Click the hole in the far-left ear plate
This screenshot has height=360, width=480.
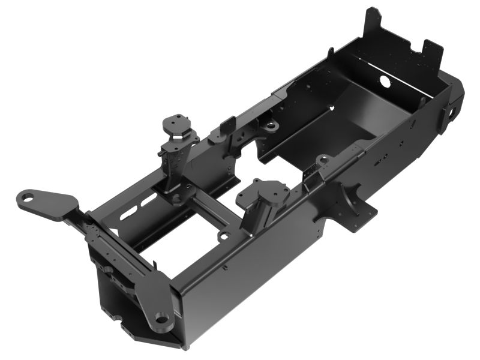[26, 196]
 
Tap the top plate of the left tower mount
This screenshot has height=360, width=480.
[177, 122]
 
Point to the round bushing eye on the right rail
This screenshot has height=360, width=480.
[323, 160]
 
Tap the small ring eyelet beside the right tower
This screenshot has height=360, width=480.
[223, 235]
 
